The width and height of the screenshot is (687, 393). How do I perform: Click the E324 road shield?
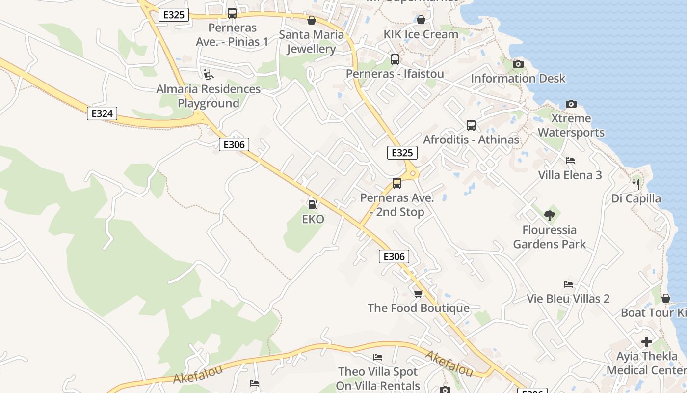pyautogui.click(x=102, y=113)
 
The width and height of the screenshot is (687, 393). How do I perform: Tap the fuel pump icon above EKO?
pyautogui.click(x=313, y=204)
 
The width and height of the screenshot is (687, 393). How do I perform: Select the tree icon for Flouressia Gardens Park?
pyautogui.click(x=549, y=215)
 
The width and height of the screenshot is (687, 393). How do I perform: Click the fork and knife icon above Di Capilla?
pyautogui.click(x=636, y=184)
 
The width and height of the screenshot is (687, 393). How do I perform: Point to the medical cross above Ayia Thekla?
pyautogui.click(x=647, y=341)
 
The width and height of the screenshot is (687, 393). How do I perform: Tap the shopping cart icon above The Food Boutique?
pyautogui.click(x=418, y=294)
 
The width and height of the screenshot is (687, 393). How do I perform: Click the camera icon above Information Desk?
pyautogui.click(x=518, y=64)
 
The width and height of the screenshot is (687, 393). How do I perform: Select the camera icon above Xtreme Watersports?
pyautogui.click(x=571, y=104)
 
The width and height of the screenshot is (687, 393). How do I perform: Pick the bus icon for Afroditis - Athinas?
pyautogui.click(x=471, y=125)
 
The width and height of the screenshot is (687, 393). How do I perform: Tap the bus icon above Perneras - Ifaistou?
pyautogui.click(x=395, y=59)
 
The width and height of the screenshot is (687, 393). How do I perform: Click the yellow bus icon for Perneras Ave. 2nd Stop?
pyautogui.click(x=397, y=183)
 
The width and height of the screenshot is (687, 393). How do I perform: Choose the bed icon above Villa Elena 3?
pyautogui.click(x=570, y=161)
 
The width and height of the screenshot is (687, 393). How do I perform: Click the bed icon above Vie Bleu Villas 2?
pyautogui.click(x=568, y=284)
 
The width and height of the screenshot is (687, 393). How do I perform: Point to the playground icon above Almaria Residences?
pyautogui.click(x=209, y=74)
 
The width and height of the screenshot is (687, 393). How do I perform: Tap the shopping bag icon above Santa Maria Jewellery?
pyautogui.click(x=311, y=20)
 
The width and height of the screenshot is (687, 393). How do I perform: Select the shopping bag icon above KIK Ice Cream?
pyautogui.click(x=421, y=20)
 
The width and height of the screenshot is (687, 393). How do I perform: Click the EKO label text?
pyautogui.click(x=313, y=219)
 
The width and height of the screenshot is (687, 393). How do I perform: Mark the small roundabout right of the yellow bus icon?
pyautogui.click(x=413, y=173)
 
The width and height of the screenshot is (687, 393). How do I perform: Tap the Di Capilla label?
pyautogui.click(x=636, y=198)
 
